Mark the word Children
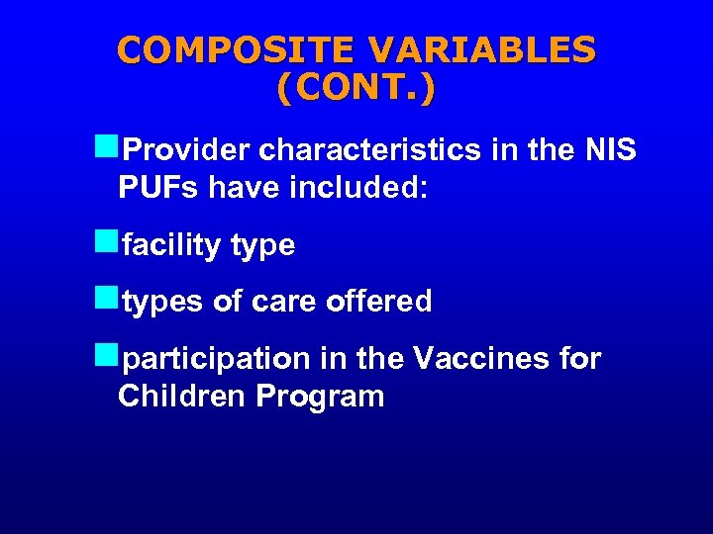coord(182,397)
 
